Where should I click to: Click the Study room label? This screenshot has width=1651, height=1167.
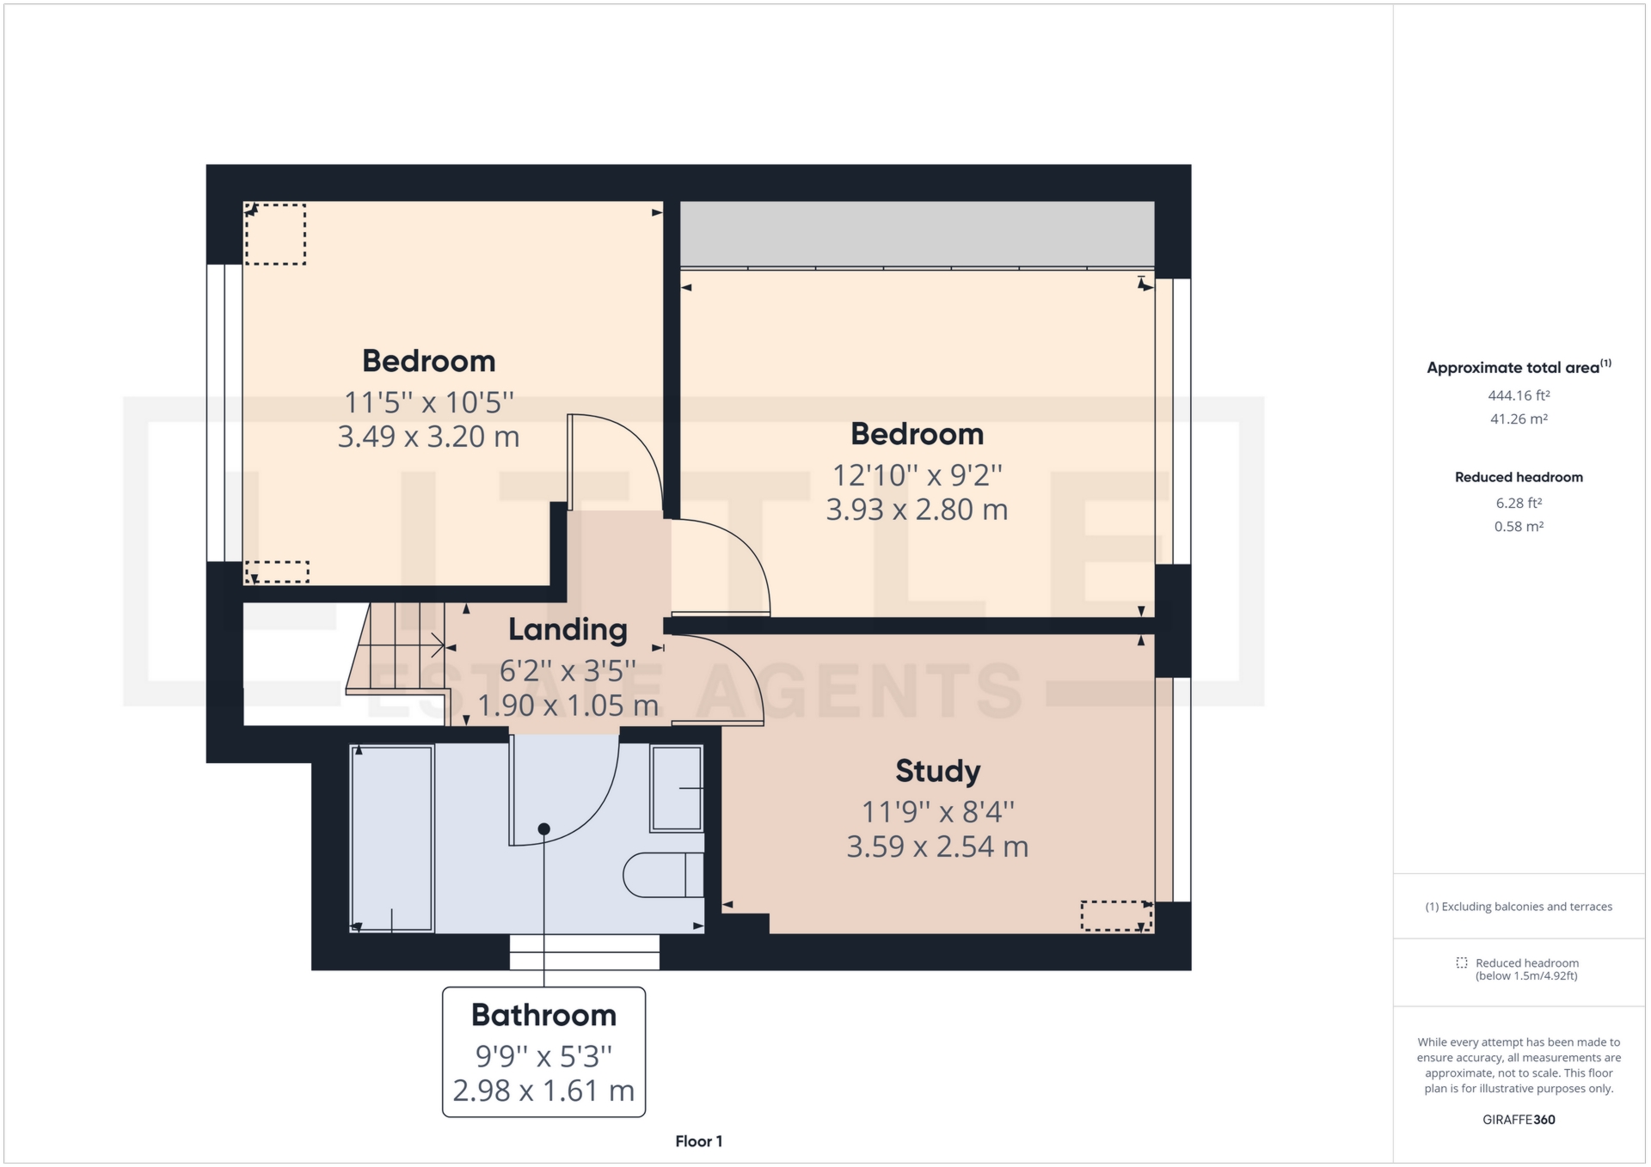[937, 771]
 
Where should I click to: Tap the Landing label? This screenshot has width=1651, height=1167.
[568, 630]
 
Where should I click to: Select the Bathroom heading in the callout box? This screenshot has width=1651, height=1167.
[543, 1016]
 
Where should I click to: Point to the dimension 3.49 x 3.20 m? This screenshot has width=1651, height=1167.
[428, 437]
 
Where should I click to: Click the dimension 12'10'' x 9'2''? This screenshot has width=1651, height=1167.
[917, 475]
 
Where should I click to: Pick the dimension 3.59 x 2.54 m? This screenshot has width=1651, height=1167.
[937, 846]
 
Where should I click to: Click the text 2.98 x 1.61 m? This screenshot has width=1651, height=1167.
[543, 1091]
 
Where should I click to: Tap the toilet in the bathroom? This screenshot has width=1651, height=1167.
[662, 875]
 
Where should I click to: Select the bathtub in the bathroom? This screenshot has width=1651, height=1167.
[392, 838]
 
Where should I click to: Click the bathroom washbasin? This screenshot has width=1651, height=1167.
[677, 788]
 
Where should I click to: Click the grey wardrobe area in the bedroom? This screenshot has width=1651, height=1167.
[917, 234]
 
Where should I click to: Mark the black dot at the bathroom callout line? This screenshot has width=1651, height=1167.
[544, 829]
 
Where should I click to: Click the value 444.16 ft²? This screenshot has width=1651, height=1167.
[1519, 396]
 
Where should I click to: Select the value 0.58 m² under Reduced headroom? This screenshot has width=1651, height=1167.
[1519, 527]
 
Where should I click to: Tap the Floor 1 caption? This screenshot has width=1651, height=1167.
[698, 1141]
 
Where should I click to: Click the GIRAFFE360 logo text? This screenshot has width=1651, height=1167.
[1519, 1120]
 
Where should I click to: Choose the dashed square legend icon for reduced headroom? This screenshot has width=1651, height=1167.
[1461, 962]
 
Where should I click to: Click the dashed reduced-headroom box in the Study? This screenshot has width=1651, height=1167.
[1115, 915]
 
